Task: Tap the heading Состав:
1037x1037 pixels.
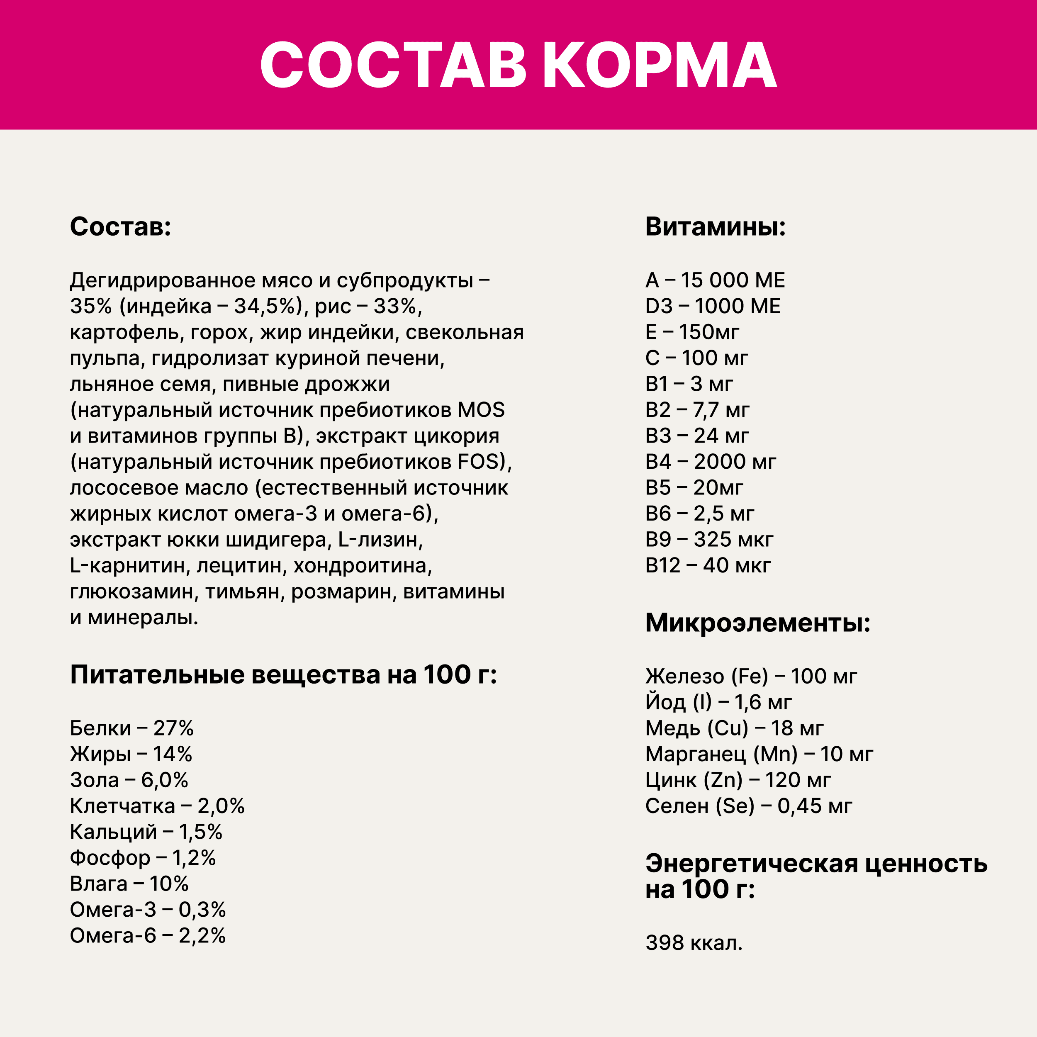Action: (x=120, y=226)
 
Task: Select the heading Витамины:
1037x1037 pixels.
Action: (x=715, y=226)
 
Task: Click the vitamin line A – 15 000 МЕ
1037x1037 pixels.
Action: (x=714, y=280)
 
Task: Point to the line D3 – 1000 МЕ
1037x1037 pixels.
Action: (x=712, y=306)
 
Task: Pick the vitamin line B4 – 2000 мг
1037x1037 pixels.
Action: (x=710, y=462)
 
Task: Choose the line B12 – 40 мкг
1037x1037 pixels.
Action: (x=707, y=565)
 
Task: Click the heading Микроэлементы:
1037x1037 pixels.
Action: (x=757, y=623)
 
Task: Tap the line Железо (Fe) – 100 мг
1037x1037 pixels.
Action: (x=751, y=676)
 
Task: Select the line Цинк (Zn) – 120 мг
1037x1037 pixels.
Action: (x=738, y=780)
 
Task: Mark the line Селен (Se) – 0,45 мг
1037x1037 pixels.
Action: (x=748, y=806)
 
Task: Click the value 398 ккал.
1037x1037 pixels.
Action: (x=694, y=942)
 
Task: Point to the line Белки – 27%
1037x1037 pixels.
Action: (x=131, y=728)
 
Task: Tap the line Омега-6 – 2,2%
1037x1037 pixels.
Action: (x=148, y=935)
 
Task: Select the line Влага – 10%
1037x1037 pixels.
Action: (x=129, y=884)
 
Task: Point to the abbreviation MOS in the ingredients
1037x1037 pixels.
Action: (x=481, y=410)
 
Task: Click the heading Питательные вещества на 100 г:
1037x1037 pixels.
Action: (x=283, y=675)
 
